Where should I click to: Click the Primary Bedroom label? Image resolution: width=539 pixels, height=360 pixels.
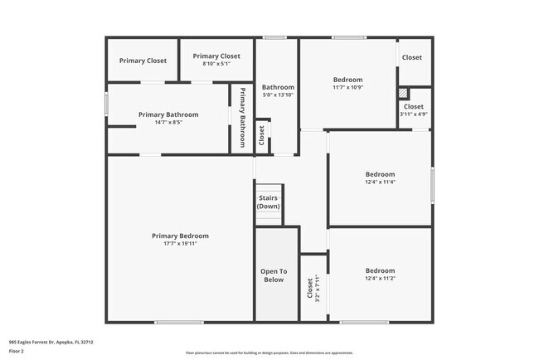click(x=180, y=236)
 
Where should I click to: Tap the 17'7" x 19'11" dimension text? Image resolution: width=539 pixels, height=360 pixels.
click(x=180, y=244)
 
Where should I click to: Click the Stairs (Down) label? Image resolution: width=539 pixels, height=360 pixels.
click(x=268, y=202)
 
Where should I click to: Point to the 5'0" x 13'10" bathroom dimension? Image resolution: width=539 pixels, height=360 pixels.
click(x=278, y=95)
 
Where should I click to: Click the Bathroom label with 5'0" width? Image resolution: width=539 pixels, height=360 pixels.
click(x=278, y=87)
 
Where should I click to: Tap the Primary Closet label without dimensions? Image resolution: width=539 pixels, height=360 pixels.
click(x=143, y=61)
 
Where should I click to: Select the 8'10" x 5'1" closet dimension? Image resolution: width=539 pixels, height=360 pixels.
click(x=216, y=63)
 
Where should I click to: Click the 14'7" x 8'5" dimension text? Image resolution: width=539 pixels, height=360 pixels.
click(x=168, y=123)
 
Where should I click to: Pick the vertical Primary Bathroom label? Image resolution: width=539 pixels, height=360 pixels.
click(x=243, y=117)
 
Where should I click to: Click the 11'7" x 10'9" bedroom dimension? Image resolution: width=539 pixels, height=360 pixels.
click(x=347, y=88)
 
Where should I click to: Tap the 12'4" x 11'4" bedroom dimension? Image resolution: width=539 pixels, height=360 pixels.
click(x=380, y=182)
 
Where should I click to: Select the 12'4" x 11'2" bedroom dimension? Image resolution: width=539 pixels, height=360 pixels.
click(x=380, y=279)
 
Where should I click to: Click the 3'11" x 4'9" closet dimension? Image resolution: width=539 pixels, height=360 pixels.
click(x=414, y=114)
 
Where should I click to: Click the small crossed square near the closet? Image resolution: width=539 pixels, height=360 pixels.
click(x=403, y=94)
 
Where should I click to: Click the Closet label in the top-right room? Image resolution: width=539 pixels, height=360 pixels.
click(x=412, y=57)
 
